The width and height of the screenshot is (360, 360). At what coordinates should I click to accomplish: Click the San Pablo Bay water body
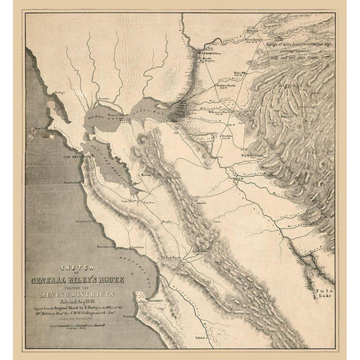101,114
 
